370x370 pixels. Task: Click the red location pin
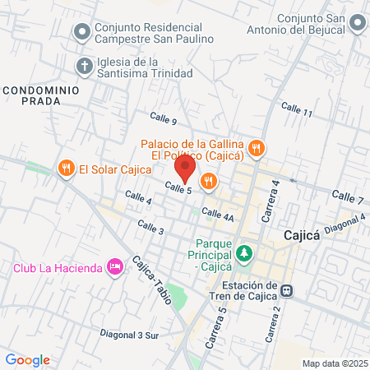[185, 170]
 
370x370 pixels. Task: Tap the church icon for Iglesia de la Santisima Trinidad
[83, 66]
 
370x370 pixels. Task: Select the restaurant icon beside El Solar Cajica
[66, 169]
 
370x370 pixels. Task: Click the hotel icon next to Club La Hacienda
[115, 266]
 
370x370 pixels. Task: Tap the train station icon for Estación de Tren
[287, 289]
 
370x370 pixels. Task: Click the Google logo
[27, 359]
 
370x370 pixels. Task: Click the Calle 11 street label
[297, 109]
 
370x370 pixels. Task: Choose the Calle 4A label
[218, 215]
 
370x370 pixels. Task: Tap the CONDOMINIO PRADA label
[39, 95]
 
